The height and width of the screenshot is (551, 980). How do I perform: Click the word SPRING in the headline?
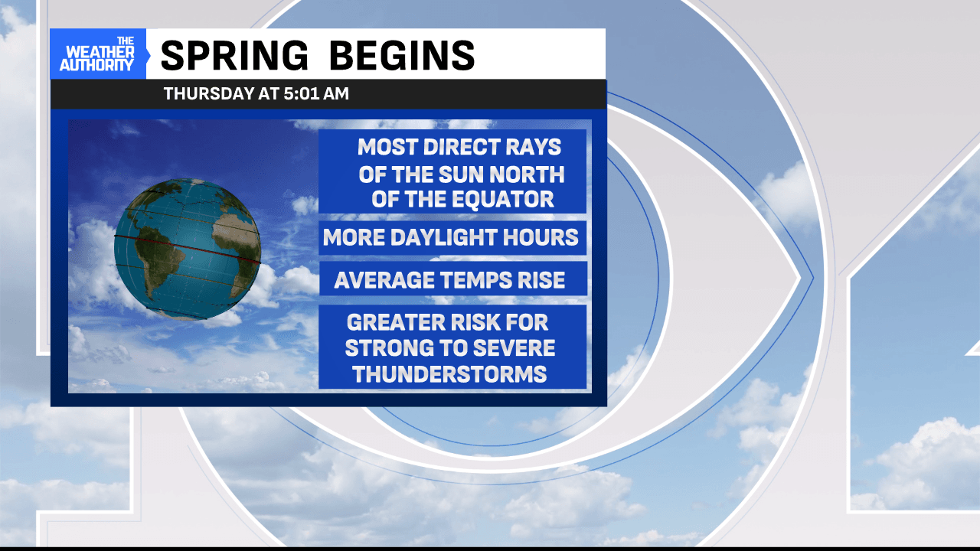tap(234, 55)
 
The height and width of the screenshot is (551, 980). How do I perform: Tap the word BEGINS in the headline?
tap(402, 55)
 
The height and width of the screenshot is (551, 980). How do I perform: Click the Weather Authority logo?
tap(97, 54)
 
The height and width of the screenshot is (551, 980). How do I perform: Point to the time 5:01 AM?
tap(316, 93)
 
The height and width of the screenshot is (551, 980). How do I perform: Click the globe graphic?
tap(188, 249)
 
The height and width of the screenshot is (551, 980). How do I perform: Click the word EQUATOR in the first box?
tap(502, 200)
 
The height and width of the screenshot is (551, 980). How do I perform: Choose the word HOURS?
tap(541, 237)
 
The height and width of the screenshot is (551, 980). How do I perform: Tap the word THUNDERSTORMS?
tap(449, 374)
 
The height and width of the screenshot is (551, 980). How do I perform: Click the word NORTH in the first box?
tap(527, 174)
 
